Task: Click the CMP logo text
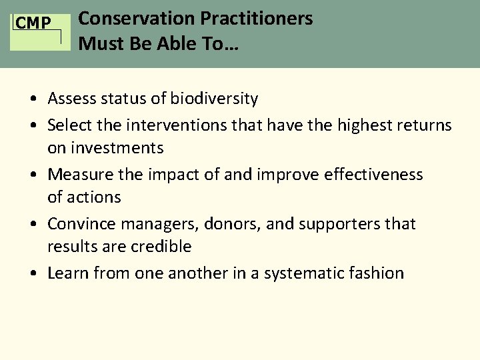pos(33,24)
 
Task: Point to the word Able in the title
pos(173,45)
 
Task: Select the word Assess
pos(72,99)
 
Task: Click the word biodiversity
pos(213,99)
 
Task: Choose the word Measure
pos(79,175)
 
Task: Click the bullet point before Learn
pos(33,274)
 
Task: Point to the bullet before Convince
pos(33,225)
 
